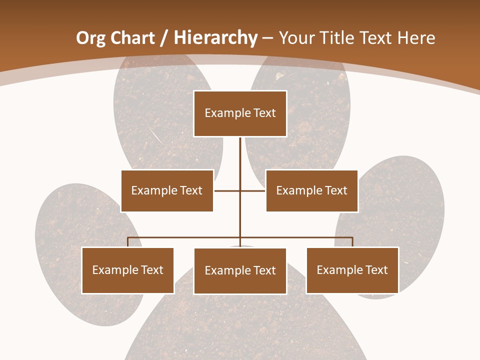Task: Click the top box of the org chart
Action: [x=240, y=113]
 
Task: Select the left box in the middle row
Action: [x=167, y=190]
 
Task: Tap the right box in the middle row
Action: [x=311, y=190]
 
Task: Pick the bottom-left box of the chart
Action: [x=127, y=270]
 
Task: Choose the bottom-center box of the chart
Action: [x=240, y=270]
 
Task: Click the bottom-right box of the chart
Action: [x=352, y=270]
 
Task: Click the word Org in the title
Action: [x=90, y=38]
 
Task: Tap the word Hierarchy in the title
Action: [x=215, y=38]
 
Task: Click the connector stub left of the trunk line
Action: [x=227, y=190]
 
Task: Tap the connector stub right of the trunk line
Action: [x=253, y=190]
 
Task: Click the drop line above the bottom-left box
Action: [x=128, y=242]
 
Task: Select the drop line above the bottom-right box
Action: [x=352, y=242]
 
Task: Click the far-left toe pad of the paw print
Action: [x=60, y=225]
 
